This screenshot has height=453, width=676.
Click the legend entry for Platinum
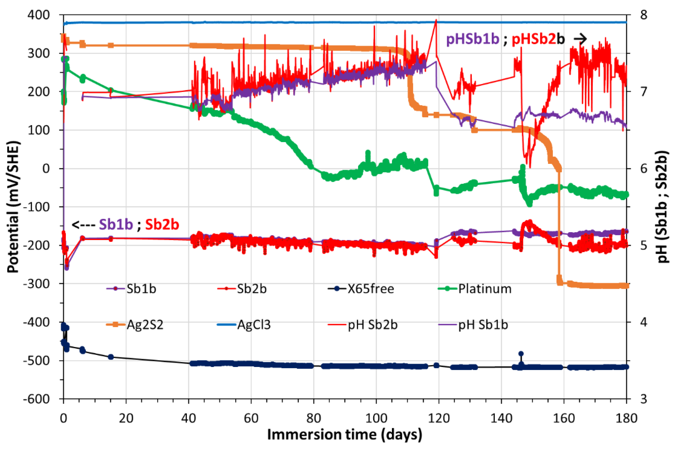tap(484, 289)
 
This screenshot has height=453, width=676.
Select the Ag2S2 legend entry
tap(145, 325)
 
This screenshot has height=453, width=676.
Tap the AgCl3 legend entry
tap(254, 325)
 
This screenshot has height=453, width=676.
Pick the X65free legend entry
tap(370, 289)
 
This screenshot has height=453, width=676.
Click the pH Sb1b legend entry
tap(483, 325)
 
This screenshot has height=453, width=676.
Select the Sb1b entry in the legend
tap(141, 289)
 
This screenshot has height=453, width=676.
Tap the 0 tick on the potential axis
tap(46, 169)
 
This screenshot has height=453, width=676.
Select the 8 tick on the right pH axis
tap(644, 15)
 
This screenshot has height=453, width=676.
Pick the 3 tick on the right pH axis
tap(644, 399)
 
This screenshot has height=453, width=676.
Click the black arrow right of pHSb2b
tap(580, 39)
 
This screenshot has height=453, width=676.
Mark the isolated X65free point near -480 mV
tap(521, 354)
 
